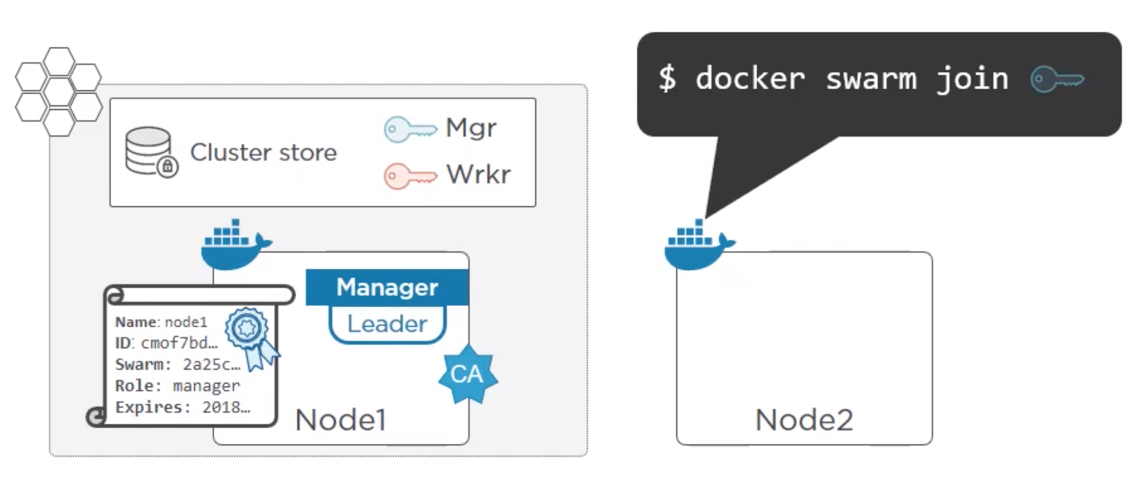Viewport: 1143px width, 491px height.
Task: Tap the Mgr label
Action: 471,128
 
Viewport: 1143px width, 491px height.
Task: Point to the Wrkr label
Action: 478,175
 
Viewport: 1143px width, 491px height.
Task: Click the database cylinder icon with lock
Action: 150,152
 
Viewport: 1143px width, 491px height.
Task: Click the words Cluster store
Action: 263,152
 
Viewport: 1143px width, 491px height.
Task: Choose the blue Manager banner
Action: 387,287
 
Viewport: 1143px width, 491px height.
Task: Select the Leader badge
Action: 387,324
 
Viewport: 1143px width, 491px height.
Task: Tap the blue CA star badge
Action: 468,374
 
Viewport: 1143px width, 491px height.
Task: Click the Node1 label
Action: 340,420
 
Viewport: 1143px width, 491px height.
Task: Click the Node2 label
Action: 804,420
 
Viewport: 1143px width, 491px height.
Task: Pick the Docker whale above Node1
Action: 234,245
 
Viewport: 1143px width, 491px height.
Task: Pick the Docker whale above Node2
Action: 697,245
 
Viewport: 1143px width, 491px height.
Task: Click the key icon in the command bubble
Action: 1057,79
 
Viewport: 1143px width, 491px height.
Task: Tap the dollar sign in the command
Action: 667,79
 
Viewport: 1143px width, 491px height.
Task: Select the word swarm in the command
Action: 871,79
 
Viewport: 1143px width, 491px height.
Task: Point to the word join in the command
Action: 972,79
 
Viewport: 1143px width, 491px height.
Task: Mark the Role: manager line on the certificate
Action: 177,386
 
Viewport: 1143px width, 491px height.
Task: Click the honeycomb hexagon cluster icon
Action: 58,92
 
